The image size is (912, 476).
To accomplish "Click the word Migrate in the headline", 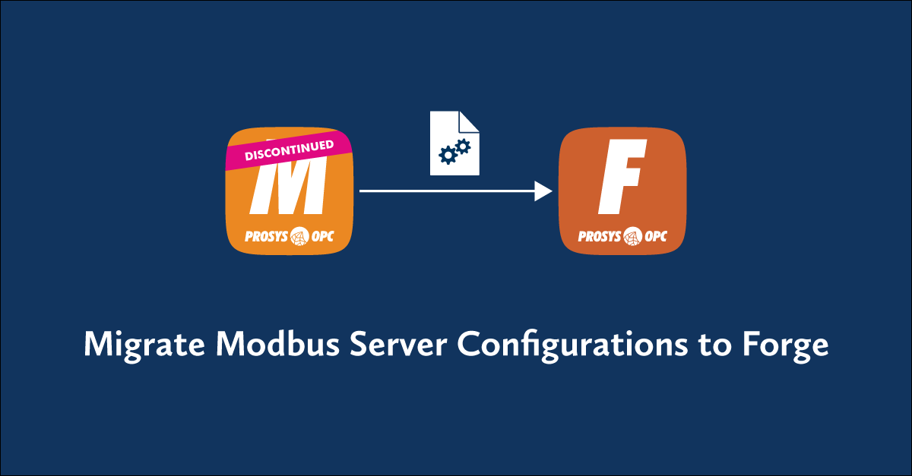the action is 144,345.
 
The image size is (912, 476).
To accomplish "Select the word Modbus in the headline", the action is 277,343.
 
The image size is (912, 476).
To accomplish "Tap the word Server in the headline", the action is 398,344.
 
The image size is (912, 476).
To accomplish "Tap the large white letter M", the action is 289,188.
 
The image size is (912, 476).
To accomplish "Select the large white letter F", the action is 622,177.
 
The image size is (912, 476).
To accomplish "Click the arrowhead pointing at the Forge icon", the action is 543,191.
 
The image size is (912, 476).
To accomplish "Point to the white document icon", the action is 454,143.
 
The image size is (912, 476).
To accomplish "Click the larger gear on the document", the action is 448,155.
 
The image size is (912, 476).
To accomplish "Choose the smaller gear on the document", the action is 463,147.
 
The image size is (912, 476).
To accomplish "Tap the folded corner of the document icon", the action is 469,121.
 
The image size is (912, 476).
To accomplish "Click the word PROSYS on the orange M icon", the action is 266,236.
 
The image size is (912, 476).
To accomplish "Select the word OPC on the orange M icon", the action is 322,236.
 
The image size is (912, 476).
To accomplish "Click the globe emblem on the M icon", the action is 299,236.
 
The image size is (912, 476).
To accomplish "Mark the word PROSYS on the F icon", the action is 600,236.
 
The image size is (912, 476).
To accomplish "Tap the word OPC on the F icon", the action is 656,236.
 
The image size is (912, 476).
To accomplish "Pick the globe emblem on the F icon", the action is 632,236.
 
